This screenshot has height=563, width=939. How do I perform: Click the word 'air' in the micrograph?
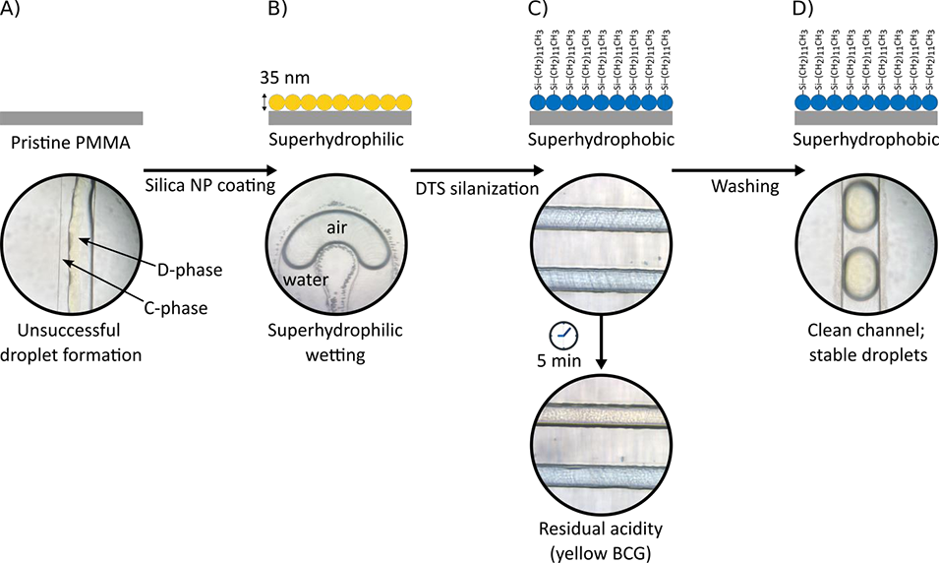pos(340,226)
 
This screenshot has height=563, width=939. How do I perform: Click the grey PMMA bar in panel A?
pos(72,118)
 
